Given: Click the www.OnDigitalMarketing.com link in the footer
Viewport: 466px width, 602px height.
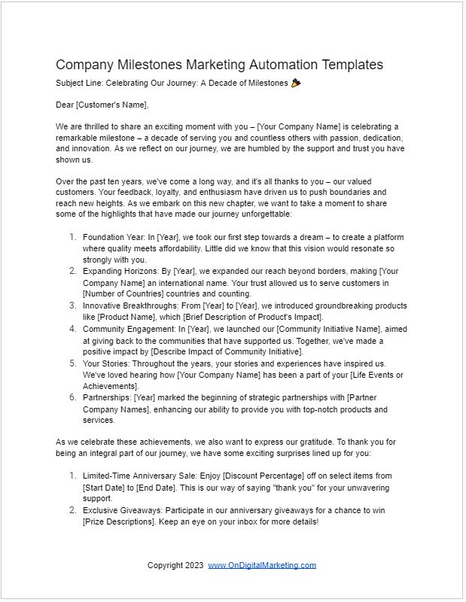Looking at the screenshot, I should point(262,565).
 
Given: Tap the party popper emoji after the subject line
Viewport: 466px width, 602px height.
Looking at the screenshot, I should point(295,83).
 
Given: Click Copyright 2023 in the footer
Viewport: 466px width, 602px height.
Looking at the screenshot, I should point(175,565).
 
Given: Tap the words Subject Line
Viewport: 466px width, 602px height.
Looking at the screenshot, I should point(78,83).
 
